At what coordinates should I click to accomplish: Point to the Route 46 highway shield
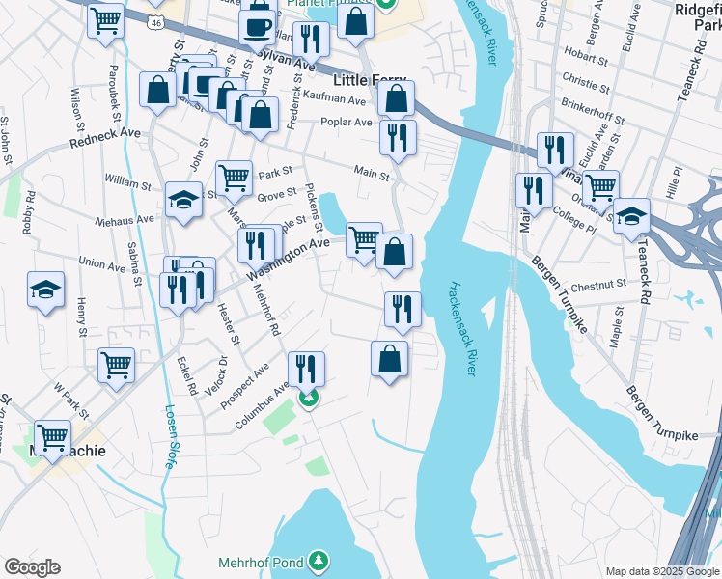[155, 20]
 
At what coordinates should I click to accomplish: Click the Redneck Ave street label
[105, 142]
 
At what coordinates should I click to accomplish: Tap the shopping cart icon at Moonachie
[52, 436]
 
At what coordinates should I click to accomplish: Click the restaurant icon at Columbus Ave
[306, 369]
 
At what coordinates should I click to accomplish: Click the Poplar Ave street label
[349, 123]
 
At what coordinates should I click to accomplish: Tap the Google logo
[32, 567]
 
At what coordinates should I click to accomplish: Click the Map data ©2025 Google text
[662, 570]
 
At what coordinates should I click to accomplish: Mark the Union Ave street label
[102, 262]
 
